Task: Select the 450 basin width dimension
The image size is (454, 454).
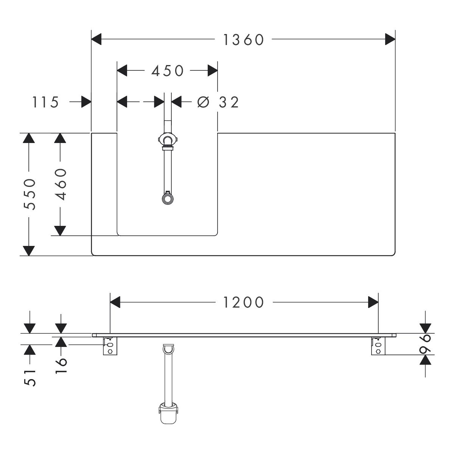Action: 167,71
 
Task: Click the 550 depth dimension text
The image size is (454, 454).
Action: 30,194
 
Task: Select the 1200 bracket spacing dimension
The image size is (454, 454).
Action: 244,302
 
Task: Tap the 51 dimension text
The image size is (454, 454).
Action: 30,378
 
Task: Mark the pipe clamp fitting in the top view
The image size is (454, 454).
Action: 167,140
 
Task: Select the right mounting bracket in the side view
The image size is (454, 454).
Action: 378,346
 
